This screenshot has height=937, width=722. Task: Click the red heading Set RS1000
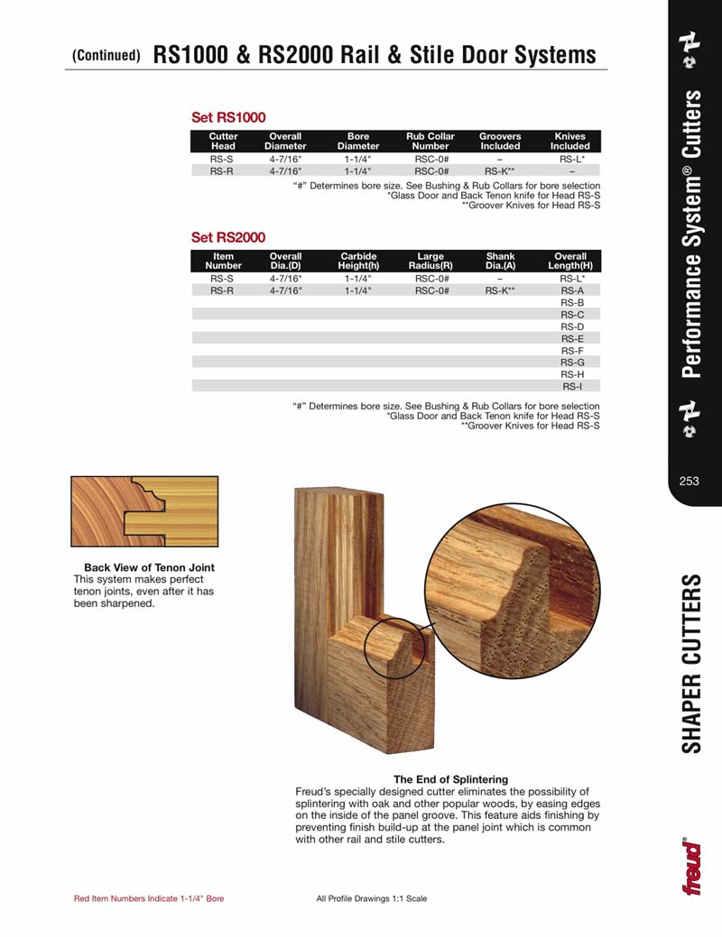point(227,117)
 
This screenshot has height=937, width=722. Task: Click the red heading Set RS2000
point(227,238)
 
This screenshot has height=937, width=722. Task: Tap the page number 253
point(690,481)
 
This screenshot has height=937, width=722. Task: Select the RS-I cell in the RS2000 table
point(571,386)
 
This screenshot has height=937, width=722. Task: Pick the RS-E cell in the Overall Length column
point(571,338)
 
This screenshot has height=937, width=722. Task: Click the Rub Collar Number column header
point(430,142)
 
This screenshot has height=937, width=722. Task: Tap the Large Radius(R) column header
point(430,262)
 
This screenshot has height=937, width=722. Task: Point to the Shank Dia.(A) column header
point(500,262)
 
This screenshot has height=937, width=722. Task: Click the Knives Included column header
point(570,142)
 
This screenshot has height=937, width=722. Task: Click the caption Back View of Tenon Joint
point(149,568)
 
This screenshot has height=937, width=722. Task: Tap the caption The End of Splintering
point(450,779)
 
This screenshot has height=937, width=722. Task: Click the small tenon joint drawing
point(144,511)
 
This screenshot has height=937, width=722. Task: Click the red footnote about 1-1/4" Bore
point(148,898)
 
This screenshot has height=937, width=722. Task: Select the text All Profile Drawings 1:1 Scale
point(372,898)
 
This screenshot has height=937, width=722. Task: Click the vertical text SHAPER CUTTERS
point(692,663)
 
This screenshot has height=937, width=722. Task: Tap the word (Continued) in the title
point(106,56)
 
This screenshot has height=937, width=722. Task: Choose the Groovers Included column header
point(500,142)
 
